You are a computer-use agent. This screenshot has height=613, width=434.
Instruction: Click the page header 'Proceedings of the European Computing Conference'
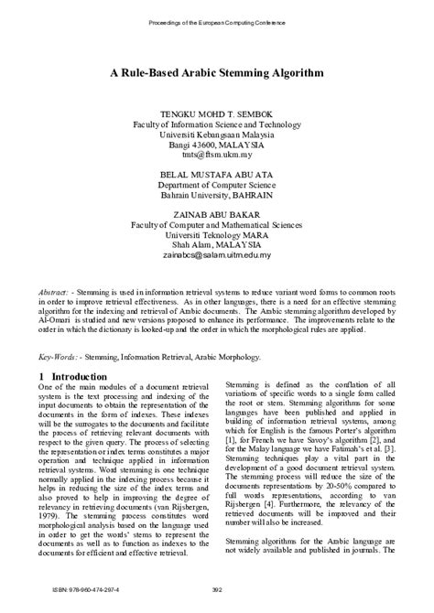pyautogui.click(x=217, y=20)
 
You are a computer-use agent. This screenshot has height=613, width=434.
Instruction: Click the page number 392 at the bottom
pyautogui.click(x=217, y=589)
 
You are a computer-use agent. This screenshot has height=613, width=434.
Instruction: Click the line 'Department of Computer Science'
pyautogui.click(x=217, y=193)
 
